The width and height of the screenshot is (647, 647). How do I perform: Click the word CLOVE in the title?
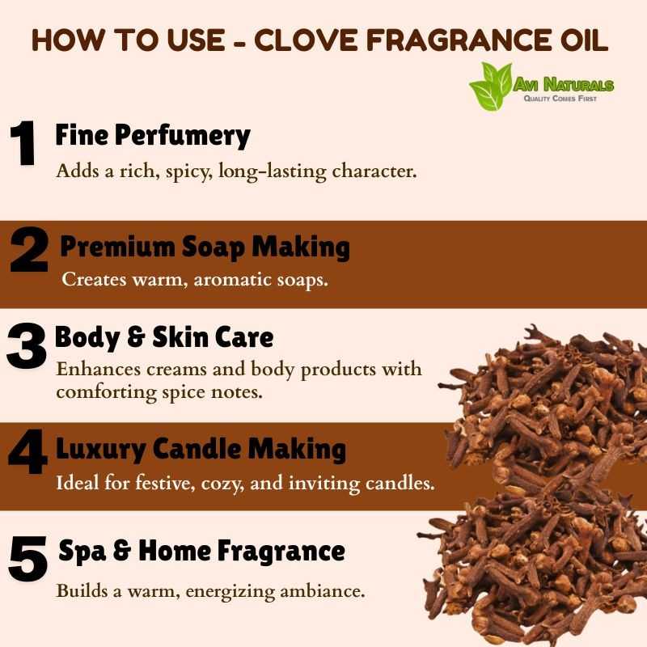(x=306, y=40)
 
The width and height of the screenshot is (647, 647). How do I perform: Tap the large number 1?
(x=23, y=143)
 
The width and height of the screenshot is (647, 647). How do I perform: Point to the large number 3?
(x=26, y=345)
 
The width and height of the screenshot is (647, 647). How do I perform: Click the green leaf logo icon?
(x=490, y=87)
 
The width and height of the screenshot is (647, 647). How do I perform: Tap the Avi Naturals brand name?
(x=563, y=85)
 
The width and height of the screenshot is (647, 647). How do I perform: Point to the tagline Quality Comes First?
(x=560, y=98)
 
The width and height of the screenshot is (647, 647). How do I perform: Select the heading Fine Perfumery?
(x=153, y=136)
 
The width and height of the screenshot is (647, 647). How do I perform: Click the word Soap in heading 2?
(x=213, y=247)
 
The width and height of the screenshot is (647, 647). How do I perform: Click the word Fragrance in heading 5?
(x=281, y=551)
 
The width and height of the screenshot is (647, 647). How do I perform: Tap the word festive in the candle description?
(x=165, y=483)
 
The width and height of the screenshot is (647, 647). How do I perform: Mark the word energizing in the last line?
(x=230, y=591)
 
